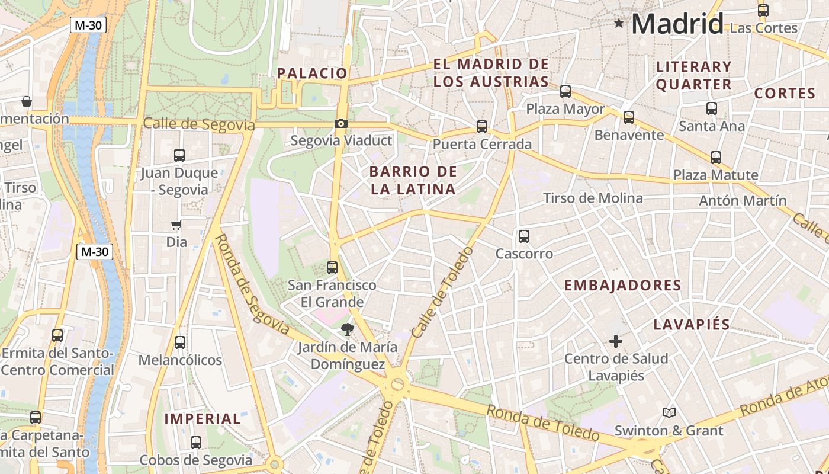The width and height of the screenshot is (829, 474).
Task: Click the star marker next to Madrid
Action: coord(619,24)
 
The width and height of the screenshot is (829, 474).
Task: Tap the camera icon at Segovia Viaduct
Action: coord(341,124)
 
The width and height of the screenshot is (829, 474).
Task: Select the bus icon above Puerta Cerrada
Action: coord(482,127)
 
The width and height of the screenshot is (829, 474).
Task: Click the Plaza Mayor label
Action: coord(565,109)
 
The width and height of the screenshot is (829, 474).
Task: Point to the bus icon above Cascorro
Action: coord(524,236)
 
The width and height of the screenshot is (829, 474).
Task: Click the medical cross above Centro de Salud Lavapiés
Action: coord(616,341)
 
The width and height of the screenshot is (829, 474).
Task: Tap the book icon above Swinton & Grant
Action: coord(669,412)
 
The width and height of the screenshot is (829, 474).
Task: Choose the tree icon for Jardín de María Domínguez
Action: coord(347,329)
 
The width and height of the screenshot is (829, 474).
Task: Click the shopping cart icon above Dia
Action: coord(176,225)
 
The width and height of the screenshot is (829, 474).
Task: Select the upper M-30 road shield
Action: coord(87,25)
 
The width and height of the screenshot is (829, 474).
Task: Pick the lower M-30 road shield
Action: coord(95,251)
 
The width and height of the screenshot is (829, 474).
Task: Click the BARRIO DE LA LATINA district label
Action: coord(413,181)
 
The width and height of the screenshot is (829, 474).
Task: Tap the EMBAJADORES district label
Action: coord(622,286)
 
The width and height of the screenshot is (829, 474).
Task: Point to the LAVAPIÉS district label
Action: coord(692,325)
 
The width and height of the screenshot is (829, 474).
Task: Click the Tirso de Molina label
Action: coord(593,198)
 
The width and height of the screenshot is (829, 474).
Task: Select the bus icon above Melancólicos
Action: coord(180,342)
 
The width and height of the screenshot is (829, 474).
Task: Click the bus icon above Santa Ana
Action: coord(712,108)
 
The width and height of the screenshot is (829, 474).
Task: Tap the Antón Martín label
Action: coord(743,201)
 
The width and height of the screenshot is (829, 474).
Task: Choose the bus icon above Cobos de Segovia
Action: coord(196,443)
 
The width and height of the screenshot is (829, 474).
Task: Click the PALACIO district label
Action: coord(312,73)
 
